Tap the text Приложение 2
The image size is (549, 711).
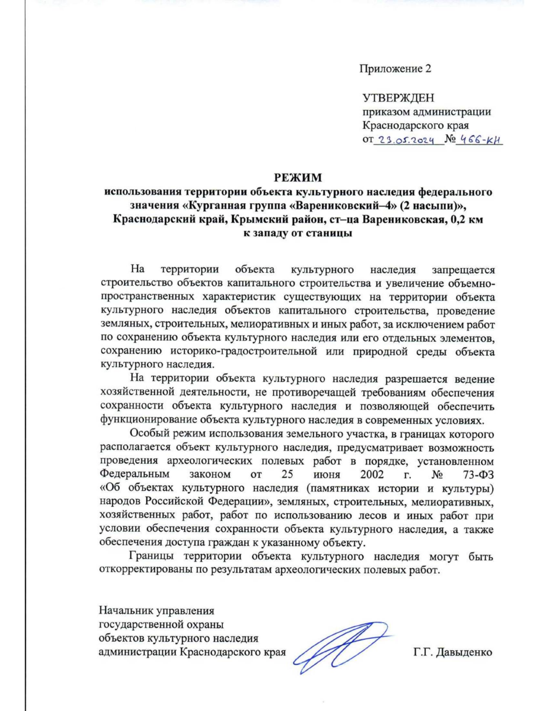[395, 69]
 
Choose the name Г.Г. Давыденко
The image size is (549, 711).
[452, 652]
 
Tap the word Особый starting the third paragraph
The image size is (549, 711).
[147, 433]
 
